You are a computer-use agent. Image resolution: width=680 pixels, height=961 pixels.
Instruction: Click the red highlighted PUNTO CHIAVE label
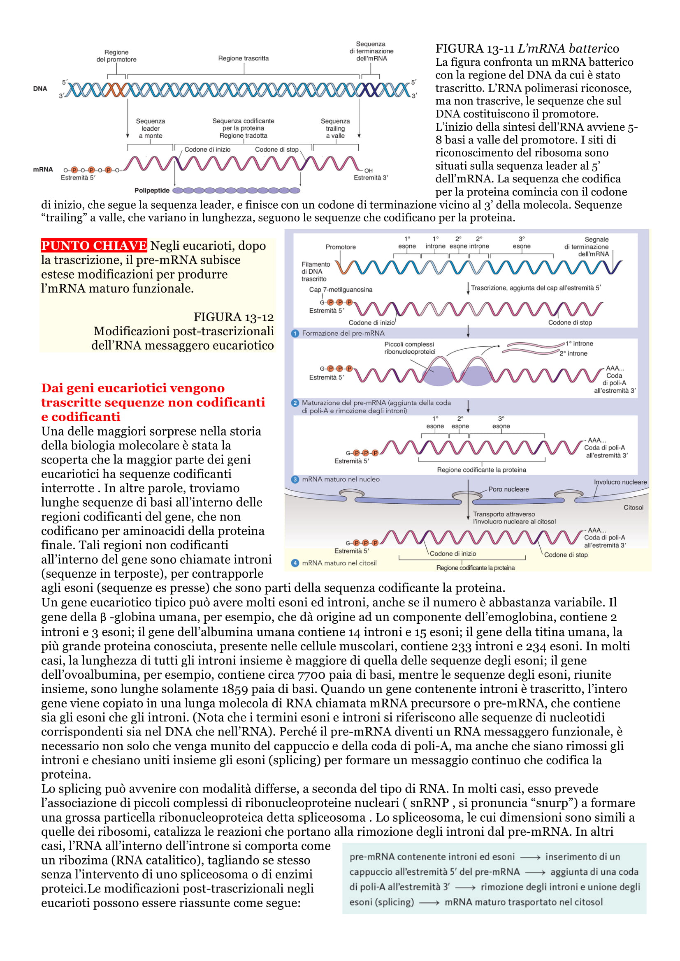(x=94, y=245)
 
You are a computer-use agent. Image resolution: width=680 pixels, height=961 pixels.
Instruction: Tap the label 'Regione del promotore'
(x=116, y=55)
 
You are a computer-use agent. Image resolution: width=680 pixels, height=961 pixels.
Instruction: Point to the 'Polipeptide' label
(x=152, y=191)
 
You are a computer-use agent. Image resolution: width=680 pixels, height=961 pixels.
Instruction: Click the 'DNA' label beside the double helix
(x=40, y=89)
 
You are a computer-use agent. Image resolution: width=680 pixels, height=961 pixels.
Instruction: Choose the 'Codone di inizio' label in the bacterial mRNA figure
(x=207, y=150)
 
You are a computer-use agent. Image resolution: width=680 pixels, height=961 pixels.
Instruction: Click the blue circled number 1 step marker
(x=295, y=333)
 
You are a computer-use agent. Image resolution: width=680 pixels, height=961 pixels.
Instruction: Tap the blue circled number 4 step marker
(x=295, y=563)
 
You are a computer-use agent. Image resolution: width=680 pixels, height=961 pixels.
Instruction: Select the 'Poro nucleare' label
(x=508, y=489)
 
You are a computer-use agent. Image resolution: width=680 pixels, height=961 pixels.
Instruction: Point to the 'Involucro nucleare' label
(x=620, y=482)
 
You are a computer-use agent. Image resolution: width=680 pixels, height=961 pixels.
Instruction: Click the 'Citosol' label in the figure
(x=633, y=508)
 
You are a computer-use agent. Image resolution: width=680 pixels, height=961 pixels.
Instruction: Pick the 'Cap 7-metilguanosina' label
(x=340, y=290)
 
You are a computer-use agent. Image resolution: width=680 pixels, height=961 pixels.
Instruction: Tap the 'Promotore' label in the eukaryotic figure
(x=340, y=247)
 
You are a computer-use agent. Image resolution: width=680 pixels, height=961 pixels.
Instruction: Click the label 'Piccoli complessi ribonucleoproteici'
(x=409, y=348)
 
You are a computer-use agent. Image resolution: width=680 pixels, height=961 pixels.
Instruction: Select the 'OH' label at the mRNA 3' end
(x=368, y=171)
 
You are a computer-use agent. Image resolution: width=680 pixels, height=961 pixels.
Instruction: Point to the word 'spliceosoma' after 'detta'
(x=339, y=818)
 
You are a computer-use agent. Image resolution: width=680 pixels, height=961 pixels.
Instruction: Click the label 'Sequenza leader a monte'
(x=151, y=129)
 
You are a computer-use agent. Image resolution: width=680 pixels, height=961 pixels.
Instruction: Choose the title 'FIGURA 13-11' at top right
(x=475, y=48)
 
